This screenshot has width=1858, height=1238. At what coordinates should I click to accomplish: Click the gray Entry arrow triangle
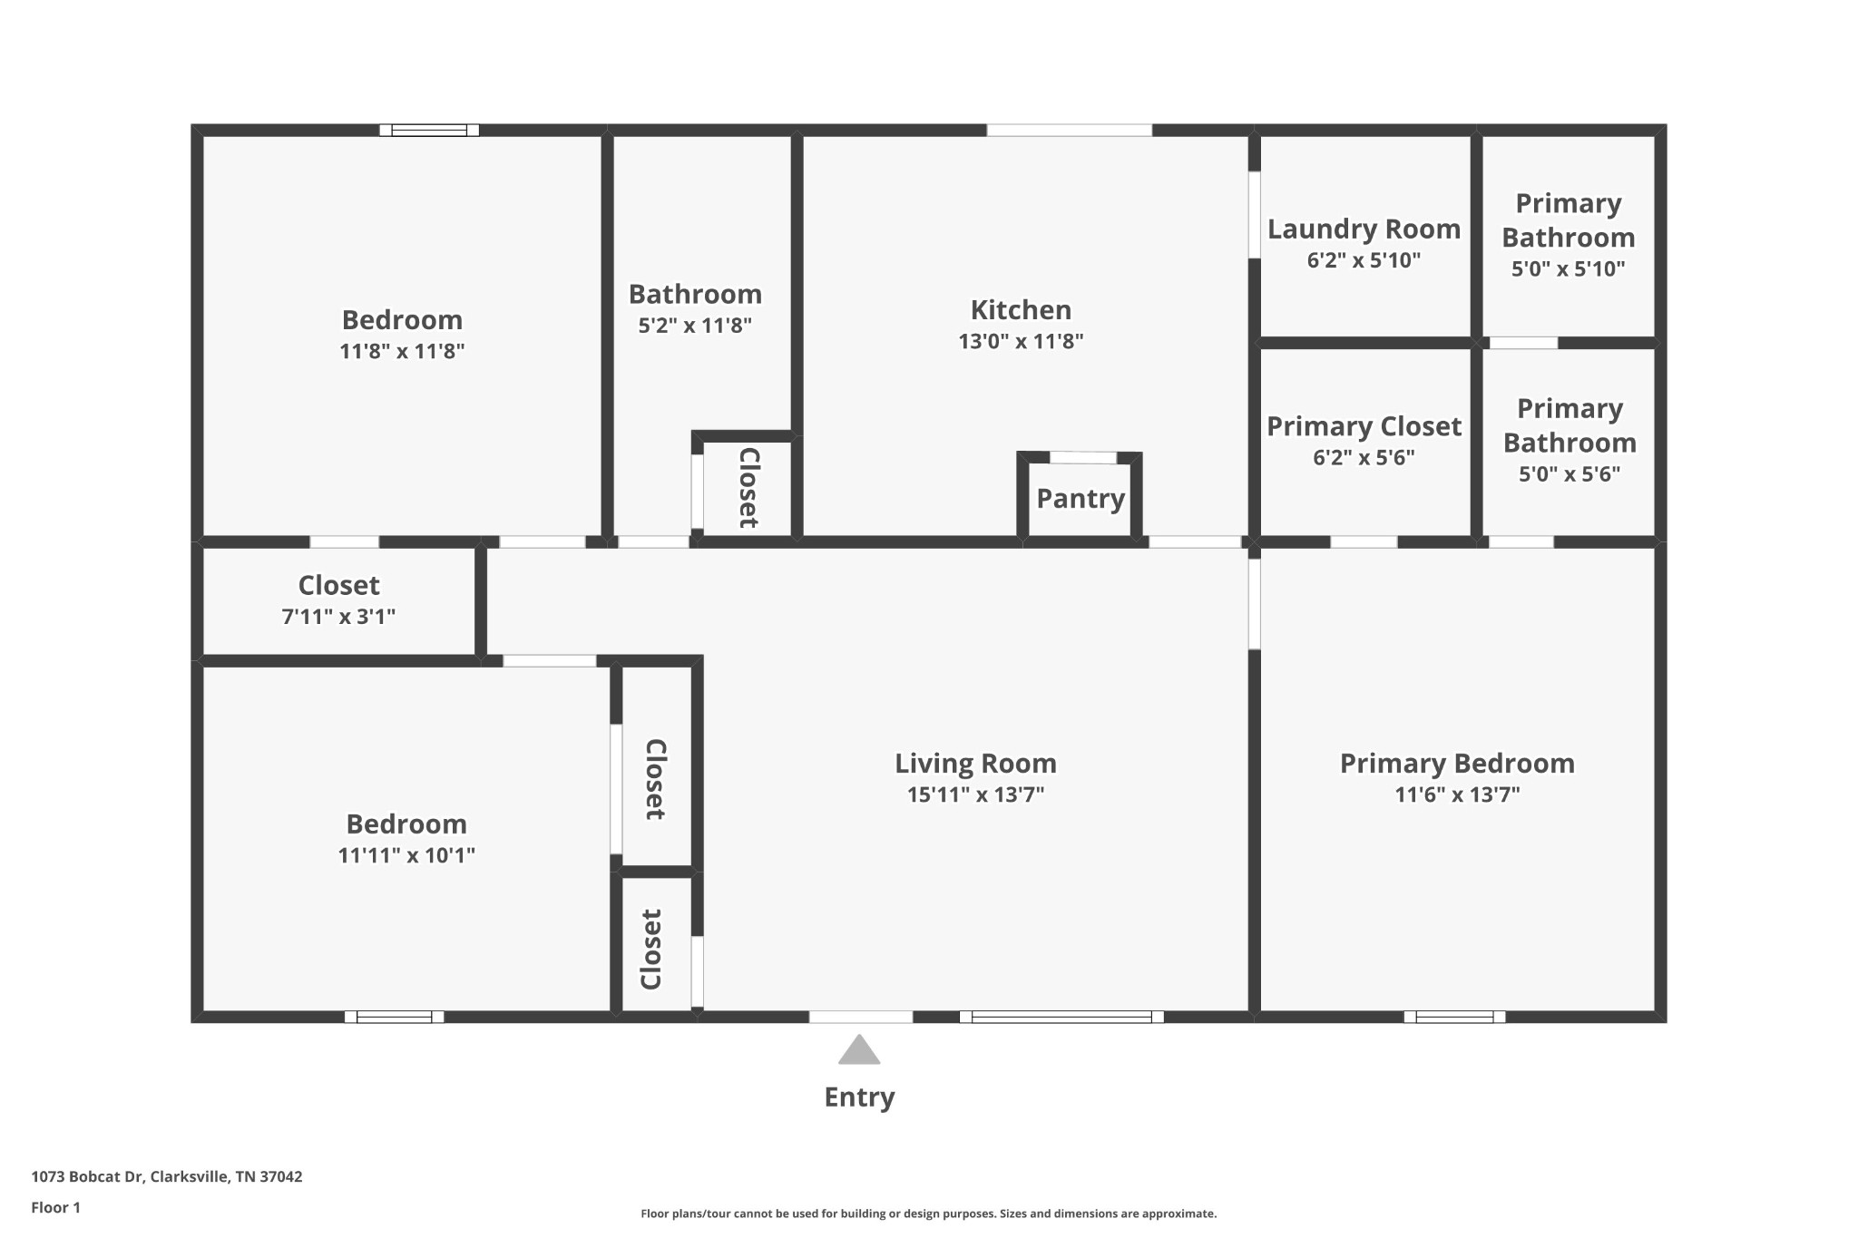[x=859, y=1050]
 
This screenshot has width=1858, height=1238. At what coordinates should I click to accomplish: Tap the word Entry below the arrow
[x=859, y=1097]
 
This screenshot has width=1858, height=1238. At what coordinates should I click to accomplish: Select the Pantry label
[x=1081, y=499]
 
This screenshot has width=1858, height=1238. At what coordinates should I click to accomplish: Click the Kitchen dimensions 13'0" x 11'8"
[x=1021, y=341]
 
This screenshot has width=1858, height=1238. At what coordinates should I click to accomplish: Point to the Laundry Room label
[x=1364, y=229]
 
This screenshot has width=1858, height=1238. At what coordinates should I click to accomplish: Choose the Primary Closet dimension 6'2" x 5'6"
[x=1364, y=457]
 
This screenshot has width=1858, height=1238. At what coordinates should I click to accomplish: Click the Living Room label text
[x=975, y=764]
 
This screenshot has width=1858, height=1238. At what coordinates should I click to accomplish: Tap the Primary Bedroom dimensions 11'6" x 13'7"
[x=1457, y=794]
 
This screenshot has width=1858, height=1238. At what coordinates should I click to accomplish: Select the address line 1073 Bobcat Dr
[x=166, y=1176]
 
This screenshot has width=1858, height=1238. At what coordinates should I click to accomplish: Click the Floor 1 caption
[x=55, y=1207]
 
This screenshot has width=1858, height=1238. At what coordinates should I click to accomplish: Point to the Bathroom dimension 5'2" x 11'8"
[x=695, y=326]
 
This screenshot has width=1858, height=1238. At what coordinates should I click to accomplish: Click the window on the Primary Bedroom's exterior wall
[x=1454, y=1017]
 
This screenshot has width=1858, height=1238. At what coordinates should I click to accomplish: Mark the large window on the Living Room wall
[x=1061, y=1017]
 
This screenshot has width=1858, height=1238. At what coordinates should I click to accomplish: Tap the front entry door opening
[x=861, y=1017]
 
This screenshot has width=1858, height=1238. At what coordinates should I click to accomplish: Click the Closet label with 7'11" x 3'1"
[x=338, y=586]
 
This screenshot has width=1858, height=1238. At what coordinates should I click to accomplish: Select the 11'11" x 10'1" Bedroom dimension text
[x=406, y=855]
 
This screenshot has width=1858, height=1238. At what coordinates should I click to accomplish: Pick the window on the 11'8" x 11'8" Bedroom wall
[x=429, y=130]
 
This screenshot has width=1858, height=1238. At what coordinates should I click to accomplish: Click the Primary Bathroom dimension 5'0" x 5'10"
[x=1568, y=268]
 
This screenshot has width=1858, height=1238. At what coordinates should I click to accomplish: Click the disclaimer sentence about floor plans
[x=928, y=1214]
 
